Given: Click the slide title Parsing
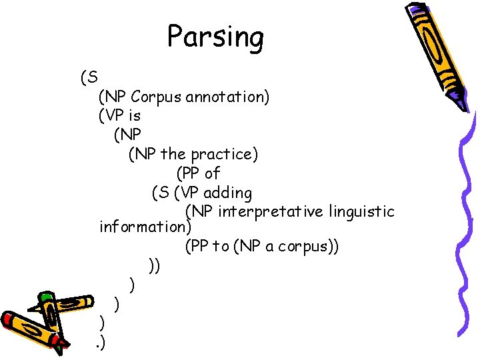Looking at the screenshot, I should [215, 37].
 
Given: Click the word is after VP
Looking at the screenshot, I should [133, 116].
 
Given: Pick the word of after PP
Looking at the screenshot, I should [213, 173].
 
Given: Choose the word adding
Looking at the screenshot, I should [227, 193].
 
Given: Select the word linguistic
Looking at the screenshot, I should [364, 212].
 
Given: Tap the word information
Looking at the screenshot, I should [143, 227].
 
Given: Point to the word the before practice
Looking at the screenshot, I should [173, 155].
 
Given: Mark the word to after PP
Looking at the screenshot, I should [221, 246].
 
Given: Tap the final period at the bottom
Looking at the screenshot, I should [99, 343].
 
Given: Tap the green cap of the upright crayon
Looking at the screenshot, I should [46, 297].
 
